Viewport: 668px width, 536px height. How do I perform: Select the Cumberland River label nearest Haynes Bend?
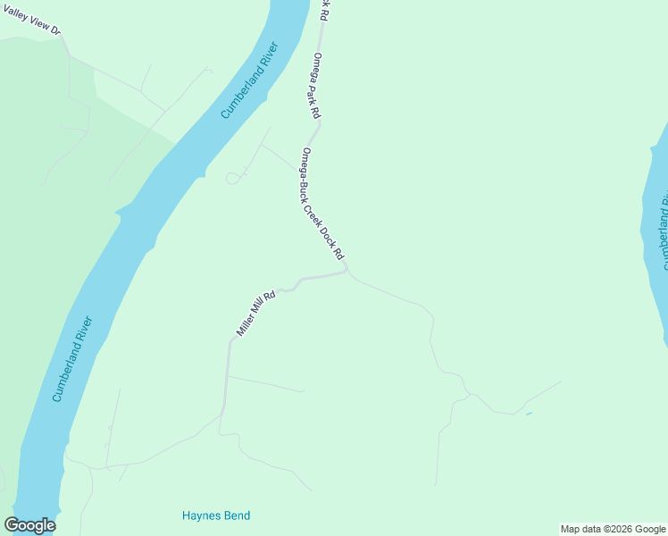72,359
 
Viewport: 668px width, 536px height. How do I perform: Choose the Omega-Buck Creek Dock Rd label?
322,204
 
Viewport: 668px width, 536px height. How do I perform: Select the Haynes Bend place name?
215,515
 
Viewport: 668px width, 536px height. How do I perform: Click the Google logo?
29,525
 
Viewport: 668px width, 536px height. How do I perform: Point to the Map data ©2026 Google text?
612,529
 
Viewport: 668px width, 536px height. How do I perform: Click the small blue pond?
529,414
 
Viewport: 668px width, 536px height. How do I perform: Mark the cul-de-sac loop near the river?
232,179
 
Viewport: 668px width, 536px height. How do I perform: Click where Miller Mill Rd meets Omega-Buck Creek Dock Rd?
347,271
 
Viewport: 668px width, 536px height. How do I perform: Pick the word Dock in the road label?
331,234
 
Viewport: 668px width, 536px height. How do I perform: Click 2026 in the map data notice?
617,529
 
